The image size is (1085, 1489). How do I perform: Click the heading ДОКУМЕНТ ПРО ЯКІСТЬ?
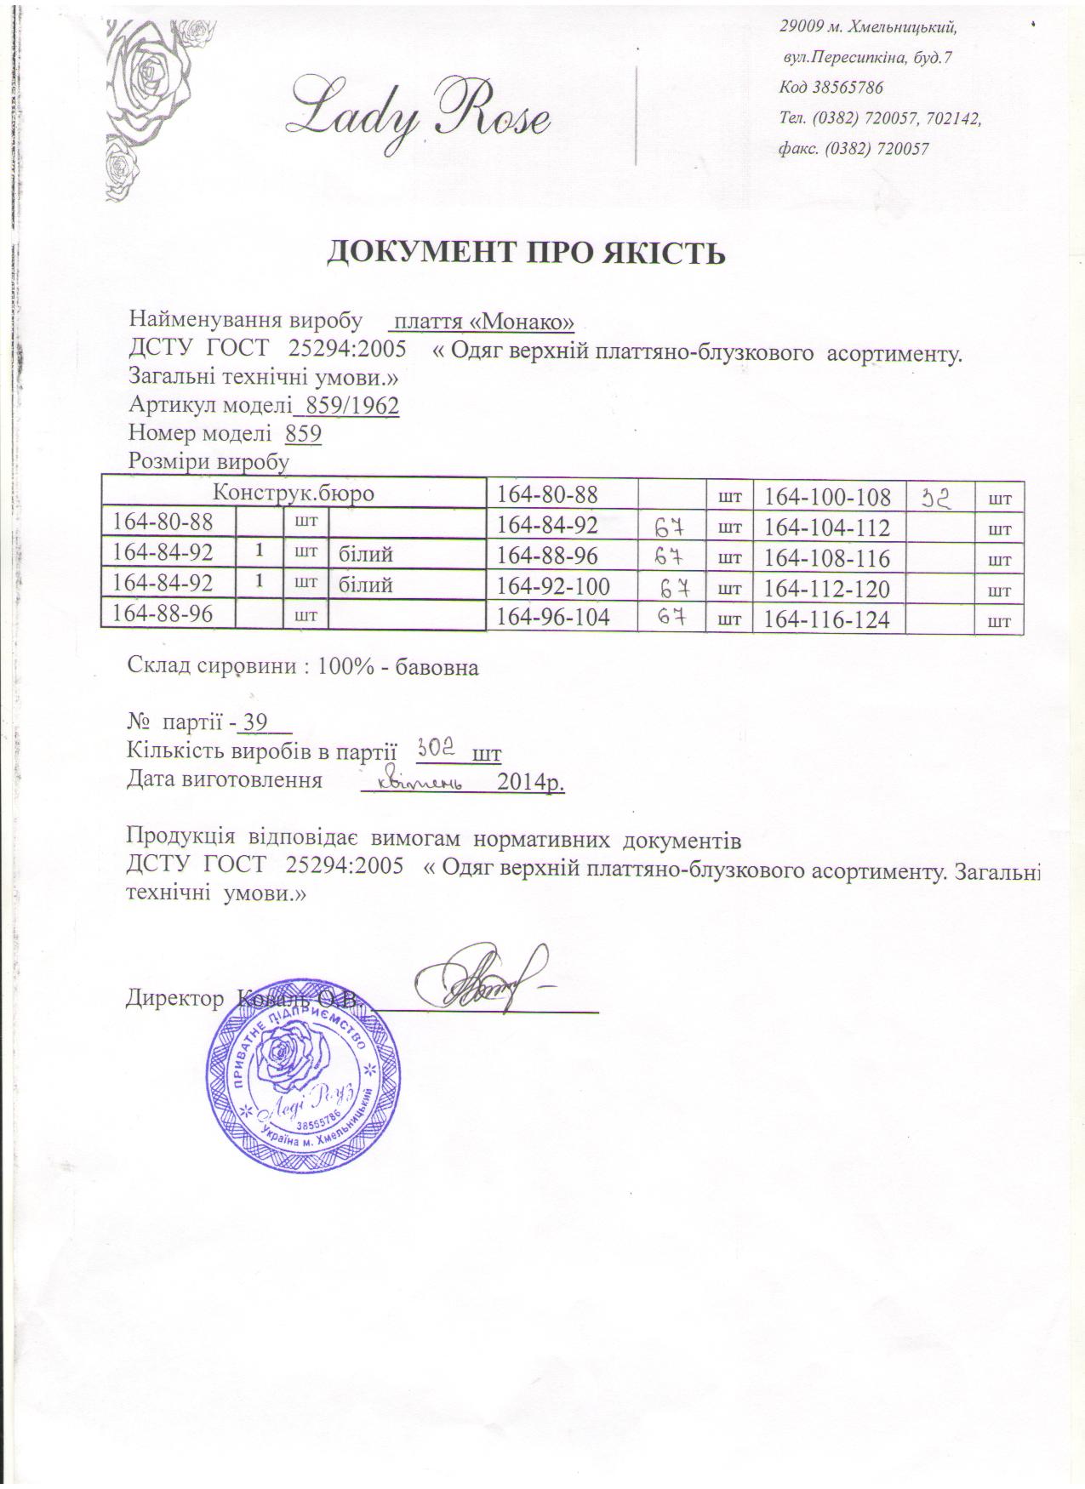[527, 254]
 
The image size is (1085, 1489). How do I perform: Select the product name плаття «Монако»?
[482, 322]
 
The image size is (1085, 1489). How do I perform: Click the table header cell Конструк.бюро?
[293, 492]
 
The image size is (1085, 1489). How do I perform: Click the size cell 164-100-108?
[827, 497]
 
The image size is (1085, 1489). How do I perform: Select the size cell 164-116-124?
[827, 620]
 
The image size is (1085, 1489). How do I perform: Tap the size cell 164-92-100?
[553, 589]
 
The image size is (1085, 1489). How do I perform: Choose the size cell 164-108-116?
[827, 559]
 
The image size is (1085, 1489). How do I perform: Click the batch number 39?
[255, 722]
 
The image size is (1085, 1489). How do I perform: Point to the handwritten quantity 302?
[437, 749]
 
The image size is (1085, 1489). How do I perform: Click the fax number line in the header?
[854, 149]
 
